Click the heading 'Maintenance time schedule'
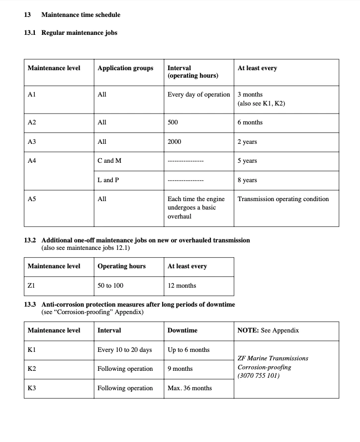tap(81, 15)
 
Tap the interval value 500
tap(173, 122)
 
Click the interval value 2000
tap(175, 142)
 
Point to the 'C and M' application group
tap(109, 161)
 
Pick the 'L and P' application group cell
tap(108, 180)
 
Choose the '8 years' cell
tap(247, 180)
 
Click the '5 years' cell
tap(247, 161)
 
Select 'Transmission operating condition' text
tap(283, 199)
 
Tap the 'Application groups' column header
tap(125, 68)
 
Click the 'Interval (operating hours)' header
tap(193, 72)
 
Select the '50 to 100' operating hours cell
tap(110, 286)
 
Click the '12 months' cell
tap(182, 286)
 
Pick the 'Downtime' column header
tap(182, 331)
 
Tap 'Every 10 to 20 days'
tap(125, 350)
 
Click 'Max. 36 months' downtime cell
tap(189, 388)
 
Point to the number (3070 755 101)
tap(259, 376)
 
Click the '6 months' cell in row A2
tap(250, 122)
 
